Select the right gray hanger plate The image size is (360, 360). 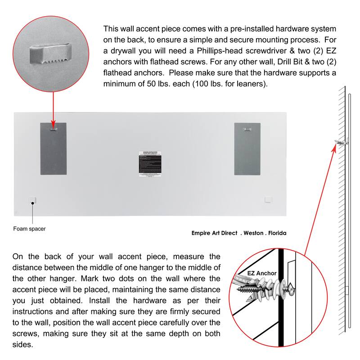pyautogui.click(x=247, y=148)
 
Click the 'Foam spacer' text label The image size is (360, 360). pyautogui.click(x=29, y=229)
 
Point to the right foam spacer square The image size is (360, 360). pyautogui.click(x=269, y=199)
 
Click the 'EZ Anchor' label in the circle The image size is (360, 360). pyautogui.click(x=262, y=273)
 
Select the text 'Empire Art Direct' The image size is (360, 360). pyautogui.click(x=214, y=233)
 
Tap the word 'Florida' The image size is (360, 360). pyautogui.click(x=275, y=233)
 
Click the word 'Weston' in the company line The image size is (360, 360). pyautogui.click(x=253, y=233)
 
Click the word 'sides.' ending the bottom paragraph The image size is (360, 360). pyautogui.click(x=22, y=344)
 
